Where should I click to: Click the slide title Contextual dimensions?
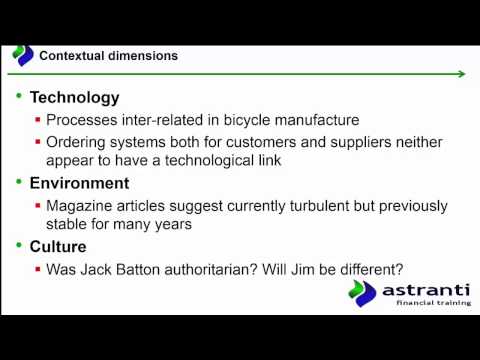pos(108,56)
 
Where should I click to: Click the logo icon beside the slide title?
pos(22,55)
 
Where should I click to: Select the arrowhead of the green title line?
pos(461,73)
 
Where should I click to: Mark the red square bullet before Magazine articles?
pos(38,207)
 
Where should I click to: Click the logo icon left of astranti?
pos(362,294)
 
